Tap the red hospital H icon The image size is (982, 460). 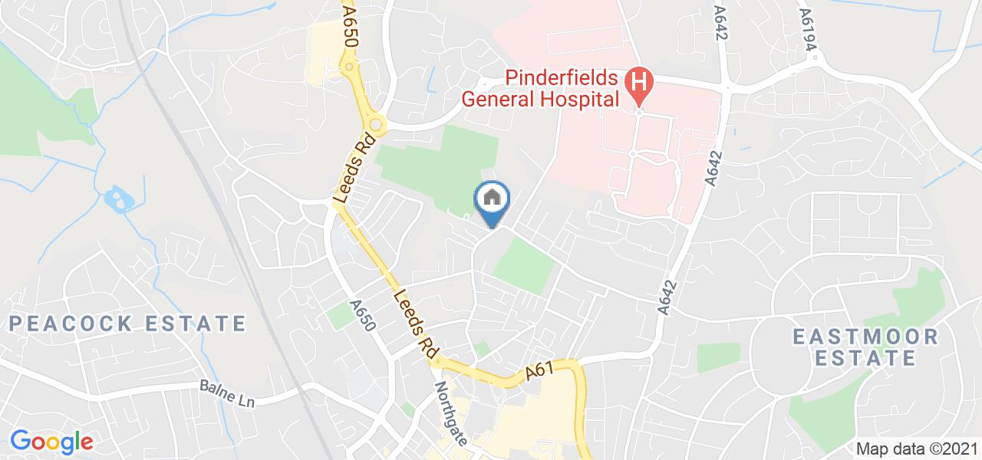pos(638,80)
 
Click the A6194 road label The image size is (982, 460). pos(808,31)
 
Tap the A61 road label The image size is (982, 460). pos(541,373)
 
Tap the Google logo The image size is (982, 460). pos(51,441)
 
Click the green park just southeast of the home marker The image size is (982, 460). pos(524,266)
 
